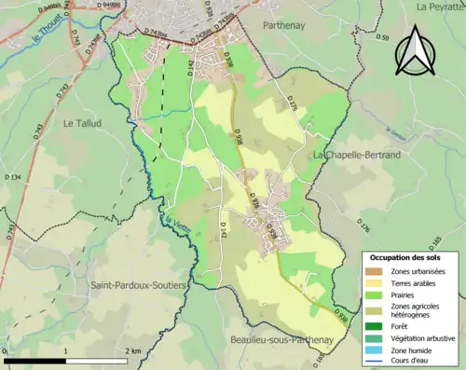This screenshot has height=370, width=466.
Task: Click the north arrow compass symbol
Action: tap(414, 51)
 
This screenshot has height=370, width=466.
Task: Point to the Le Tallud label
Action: tap(82, 122)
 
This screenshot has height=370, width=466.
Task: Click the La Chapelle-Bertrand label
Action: tap(356, 154)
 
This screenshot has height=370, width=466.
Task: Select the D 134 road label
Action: tap(12, 177)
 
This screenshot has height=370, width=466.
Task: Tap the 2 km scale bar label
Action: tap(133, 351)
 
